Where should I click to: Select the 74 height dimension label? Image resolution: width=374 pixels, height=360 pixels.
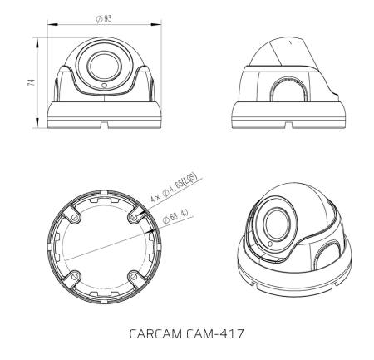30,84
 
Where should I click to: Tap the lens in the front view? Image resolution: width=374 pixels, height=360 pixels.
103,66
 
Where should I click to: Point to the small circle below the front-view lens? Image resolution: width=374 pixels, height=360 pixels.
103,85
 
